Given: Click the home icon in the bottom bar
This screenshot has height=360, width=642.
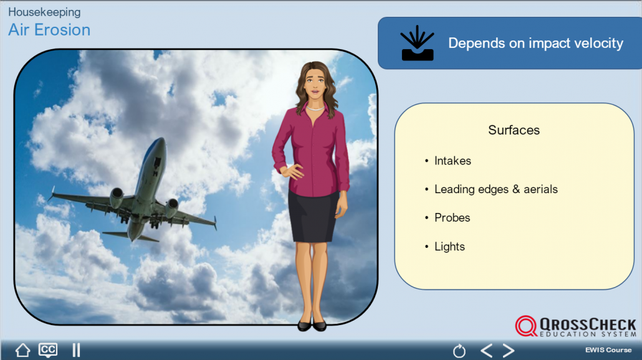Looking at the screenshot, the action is pos(22,350).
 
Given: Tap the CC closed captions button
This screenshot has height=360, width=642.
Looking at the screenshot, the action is pos(48,350).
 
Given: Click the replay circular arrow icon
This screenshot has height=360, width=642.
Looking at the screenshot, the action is pos(459,351).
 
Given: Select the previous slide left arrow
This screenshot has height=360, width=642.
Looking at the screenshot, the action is pos(486,351).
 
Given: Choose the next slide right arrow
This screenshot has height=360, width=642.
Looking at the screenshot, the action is pos(509,351).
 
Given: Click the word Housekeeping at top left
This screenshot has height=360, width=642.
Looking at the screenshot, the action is pos(44,12).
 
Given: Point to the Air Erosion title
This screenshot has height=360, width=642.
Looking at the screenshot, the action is pos(49,30).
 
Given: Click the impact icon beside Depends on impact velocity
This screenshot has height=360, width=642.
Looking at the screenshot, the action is pos(417,43).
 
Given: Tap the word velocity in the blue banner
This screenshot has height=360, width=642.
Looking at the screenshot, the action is pos(599,43).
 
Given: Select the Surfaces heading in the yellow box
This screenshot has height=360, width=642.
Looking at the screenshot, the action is pos(514,130).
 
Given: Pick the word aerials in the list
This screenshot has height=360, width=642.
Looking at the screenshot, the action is pos(540,189).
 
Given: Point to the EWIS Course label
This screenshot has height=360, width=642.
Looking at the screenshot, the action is pos(608,350).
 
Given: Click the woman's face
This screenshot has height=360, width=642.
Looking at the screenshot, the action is pos(315,84).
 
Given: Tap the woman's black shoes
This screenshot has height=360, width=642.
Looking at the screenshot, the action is pos(312,326).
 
